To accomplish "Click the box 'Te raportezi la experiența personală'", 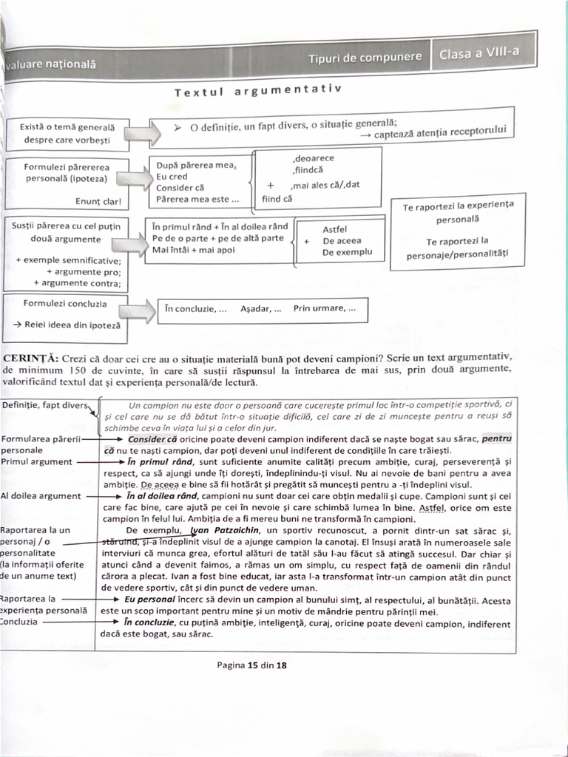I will [x=458, y=213].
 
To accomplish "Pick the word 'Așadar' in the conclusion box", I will [x=260, y=309].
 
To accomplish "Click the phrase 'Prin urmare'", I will [x=323, y=308].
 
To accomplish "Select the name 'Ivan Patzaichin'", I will [x=222, y=530].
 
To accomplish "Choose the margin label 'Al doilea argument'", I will [x=42, y=496].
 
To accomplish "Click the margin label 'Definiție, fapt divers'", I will [x=44, y=405].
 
